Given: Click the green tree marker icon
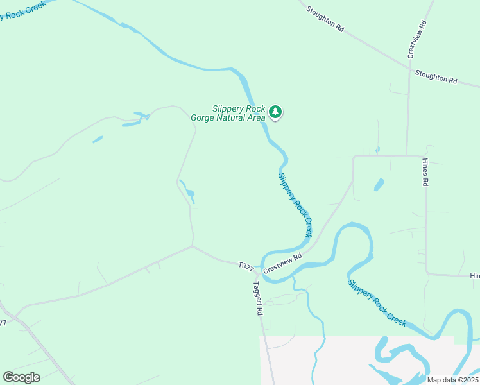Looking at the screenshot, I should pyautogui.click(x=275, y=112).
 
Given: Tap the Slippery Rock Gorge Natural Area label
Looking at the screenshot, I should pyautogui.click(x=228, y=113).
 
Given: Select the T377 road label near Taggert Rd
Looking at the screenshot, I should pyautogui.click(x=246, y=265).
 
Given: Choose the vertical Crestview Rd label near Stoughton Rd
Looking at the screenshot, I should pyautogui.click(x=416, y=39).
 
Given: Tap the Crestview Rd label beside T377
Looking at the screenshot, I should pyautogui.click(x=282, y=264).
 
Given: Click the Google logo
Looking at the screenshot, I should pyautogui.click(x=21, y=377).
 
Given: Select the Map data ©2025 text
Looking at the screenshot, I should pyautogui.click(x=452, y=380).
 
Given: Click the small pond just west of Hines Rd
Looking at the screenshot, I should pyautogui.click(x=379, y=185).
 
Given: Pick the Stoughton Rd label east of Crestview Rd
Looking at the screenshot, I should pyautogui.click(x=436, y=77).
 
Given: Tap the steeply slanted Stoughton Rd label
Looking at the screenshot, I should pyautogui.click(x=325, y=19).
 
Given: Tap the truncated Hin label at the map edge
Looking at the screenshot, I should pyautogui.click(x=474, y=275).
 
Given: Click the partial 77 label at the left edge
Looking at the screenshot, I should pyautogui.click(x=3, y=323).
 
